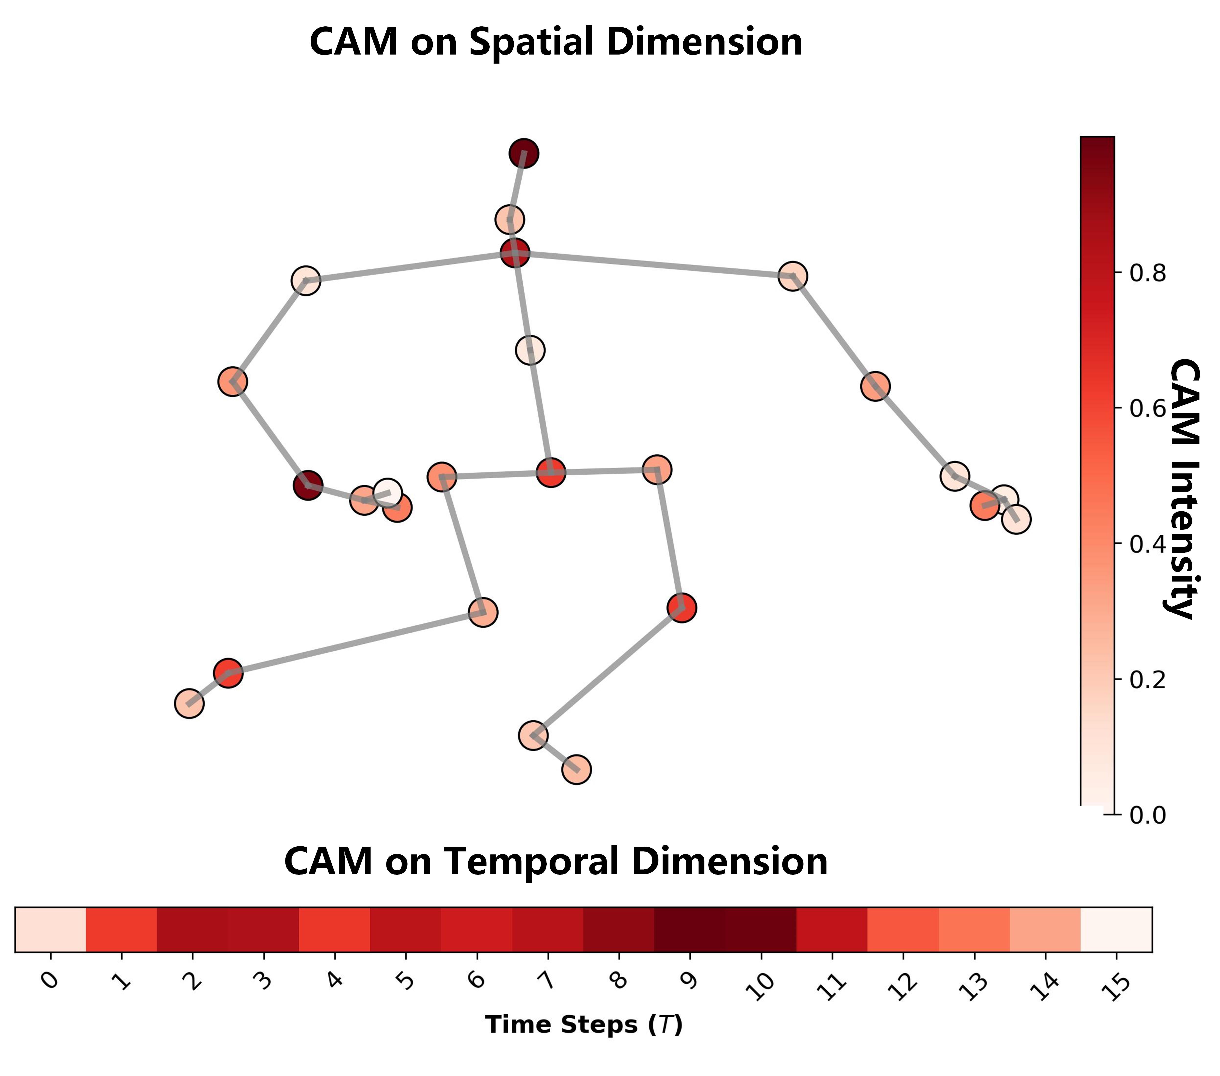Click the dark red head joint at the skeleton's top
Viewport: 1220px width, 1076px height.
[x=523, y=153]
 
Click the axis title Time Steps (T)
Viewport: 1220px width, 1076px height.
[x=584, y=1025]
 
